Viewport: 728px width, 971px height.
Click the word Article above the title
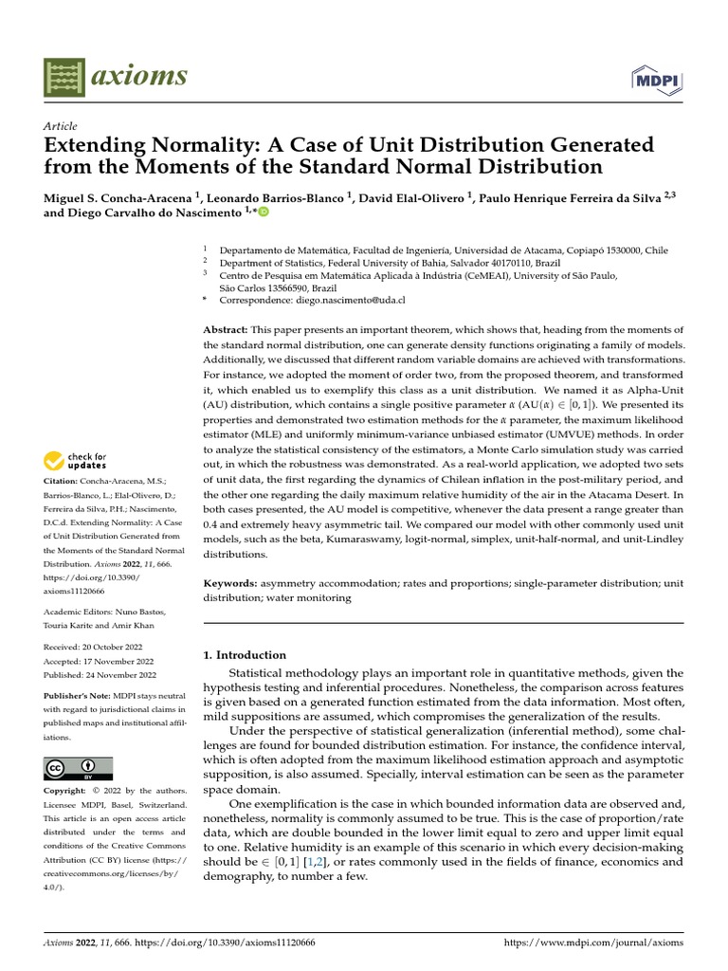click(61, 126)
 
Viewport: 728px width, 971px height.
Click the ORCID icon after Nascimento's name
click(264, 212)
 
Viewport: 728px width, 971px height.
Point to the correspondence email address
click(347, 300)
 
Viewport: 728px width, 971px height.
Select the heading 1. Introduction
click(245, 654)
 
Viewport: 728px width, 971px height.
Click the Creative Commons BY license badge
click(78, 768)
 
